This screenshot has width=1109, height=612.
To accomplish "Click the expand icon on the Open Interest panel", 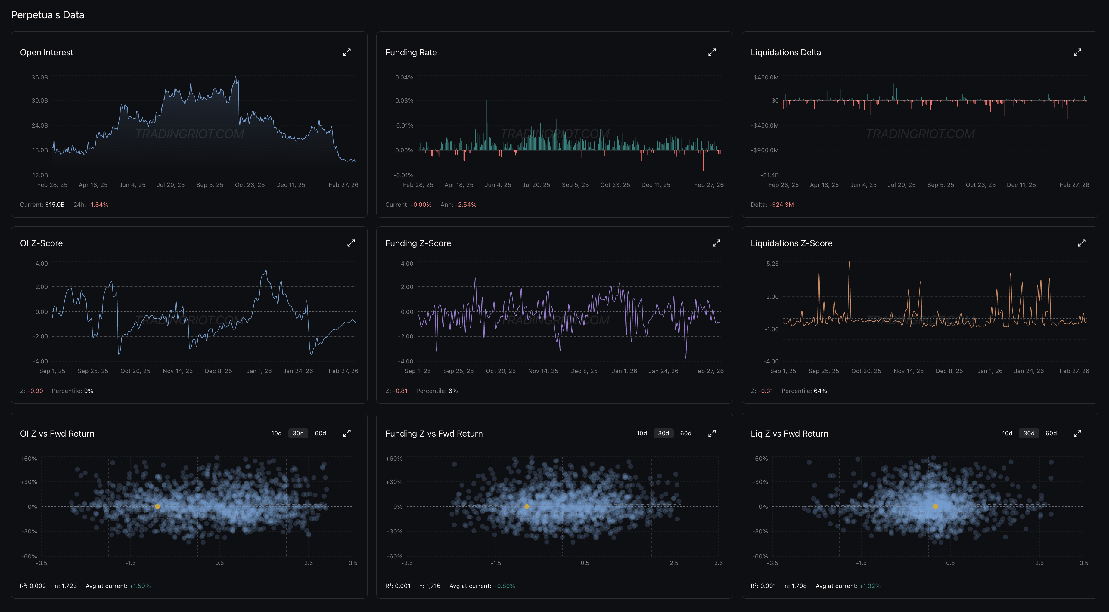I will point(346,52).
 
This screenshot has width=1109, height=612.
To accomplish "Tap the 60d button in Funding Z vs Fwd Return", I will point(685,433).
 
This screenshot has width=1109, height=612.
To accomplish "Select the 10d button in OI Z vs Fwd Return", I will point(276,433).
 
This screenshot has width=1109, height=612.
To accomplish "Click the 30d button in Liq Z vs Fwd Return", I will point(1029,433).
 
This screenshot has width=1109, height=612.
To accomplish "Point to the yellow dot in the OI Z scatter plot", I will point(157,507).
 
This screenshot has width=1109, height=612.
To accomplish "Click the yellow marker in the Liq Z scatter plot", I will point(935,507).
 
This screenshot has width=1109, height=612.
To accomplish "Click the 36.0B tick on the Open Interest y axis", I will point(40,77).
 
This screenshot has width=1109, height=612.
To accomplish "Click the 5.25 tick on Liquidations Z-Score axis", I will point(772,263).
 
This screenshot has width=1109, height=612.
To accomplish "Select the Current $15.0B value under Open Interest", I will point(55,204).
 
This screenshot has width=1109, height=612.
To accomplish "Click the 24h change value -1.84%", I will point(98,204).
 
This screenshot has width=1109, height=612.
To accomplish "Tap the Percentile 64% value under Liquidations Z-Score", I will point(820,391).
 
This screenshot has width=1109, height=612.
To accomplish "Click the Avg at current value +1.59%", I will point(140,586).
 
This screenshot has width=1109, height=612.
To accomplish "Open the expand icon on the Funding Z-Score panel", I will point(716,243).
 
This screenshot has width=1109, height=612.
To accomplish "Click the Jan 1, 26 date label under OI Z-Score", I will point(259,371).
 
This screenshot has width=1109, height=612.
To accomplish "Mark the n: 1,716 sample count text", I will point(430,586).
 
